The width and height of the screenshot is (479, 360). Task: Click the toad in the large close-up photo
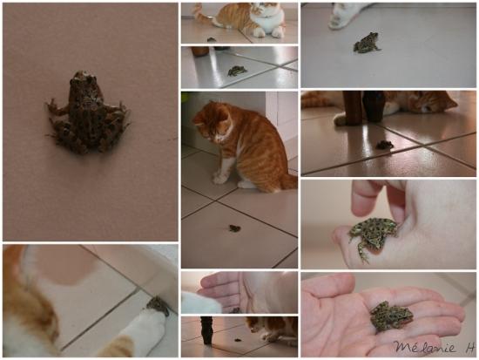[89, 114]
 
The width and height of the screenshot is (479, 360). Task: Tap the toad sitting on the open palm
[391, 316]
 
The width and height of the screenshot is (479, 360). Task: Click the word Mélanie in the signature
[425, 347]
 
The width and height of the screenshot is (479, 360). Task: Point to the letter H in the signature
[470, 348]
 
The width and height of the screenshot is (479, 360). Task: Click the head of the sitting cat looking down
[213, 124]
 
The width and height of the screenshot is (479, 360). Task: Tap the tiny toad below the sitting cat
[235, 228]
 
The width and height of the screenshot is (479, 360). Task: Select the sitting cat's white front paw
[220, 178]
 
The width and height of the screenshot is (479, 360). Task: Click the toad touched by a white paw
[159, 305]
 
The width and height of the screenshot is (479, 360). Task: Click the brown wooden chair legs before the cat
[362, 108]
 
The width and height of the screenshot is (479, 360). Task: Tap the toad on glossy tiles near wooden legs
[384, 145]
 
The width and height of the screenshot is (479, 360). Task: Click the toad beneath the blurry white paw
[367, 43]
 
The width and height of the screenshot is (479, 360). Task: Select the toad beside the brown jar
[237, 71]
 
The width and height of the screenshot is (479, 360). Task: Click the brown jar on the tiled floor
[199, 51]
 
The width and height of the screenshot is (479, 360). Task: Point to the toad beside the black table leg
[237, 339]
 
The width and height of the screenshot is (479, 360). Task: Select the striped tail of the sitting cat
[288, 182]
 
